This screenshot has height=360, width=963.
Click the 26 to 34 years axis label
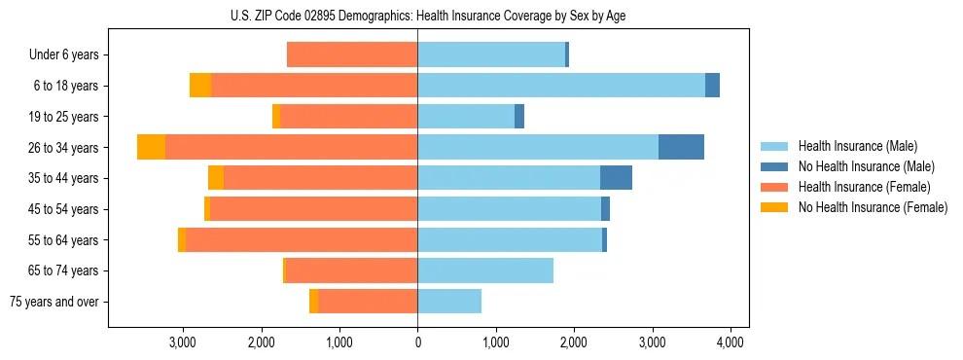pyautogui.click(x=64, y=148)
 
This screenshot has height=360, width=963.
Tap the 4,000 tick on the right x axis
pyautogui.click(x=731, y=342)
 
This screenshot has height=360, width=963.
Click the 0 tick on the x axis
pyautogui.click(x=417, y=342)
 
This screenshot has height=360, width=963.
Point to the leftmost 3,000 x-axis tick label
pyautogui.click(x=183, y=342)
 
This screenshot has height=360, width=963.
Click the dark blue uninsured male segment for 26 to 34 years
pyautogui.click(x=681, y=147)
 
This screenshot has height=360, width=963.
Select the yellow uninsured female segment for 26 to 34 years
pyautogui.click(x=151, y=147)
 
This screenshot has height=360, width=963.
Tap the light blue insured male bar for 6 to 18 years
pyautogui.click(x=561, y=86)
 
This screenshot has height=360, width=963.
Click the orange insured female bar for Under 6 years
pyautogui.click(x=352, y=55)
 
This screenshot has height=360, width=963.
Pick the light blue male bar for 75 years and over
pyautogui.click(x=449, y=302)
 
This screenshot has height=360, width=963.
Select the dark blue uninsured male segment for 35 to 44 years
pyautogui.click(x=616, y=178)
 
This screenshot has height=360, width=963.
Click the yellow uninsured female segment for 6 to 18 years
pyautogui.click(x=200, y=86)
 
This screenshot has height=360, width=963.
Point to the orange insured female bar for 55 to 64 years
pyautogui.click(x=302, y=239)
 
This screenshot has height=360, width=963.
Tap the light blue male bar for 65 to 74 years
pyautogui.click(x=485, y=270)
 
